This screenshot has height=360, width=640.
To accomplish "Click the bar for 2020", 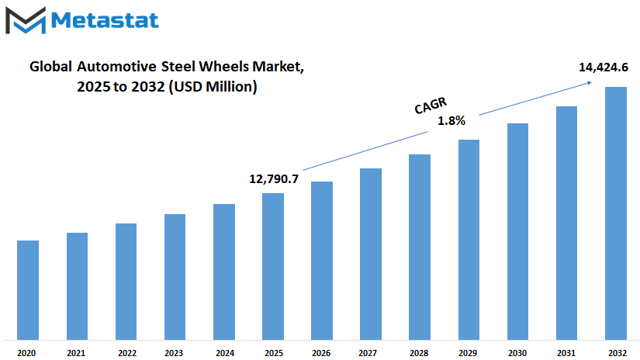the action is click(x=28, y=290).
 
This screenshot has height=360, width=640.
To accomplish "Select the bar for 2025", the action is click(x=273, y=267).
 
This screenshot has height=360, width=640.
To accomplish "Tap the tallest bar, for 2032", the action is click(x=616, y=213).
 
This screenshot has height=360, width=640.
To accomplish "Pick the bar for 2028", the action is click(x=420, y=247).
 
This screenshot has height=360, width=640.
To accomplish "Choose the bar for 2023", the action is click(x=175, y=277).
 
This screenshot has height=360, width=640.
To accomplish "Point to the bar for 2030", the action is click(x=517, y=232).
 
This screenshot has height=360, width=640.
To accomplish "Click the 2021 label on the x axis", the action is click(x=76, y=353).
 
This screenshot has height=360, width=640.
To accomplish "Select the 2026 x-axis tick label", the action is click(x=321, y=353).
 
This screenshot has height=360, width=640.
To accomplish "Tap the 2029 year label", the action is click(x=468, y=353).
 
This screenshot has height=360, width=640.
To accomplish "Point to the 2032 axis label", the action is click(x=618, y=353).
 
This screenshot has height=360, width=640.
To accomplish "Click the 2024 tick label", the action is click(x=225, y=353).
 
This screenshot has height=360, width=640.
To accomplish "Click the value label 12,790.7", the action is click(x=274, y=178).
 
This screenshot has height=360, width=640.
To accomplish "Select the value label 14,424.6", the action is click(x=604, y=67).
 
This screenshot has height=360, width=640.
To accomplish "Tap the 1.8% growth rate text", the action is click(x=451, y=121).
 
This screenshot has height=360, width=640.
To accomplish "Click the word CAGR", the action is click(x=431, y=106).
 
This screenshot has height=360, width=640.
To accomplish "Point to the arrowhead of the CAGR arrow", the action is click(x=590, y=82).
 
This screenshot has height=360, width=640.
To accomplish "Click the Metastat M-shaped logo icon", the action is click(x=26, y=20).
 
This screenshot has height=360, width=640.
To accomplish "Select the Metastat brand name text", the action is click(x=105, y=20).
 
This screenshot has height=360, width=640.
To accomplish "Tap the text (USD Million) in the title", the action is click(x=213, y=87).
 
